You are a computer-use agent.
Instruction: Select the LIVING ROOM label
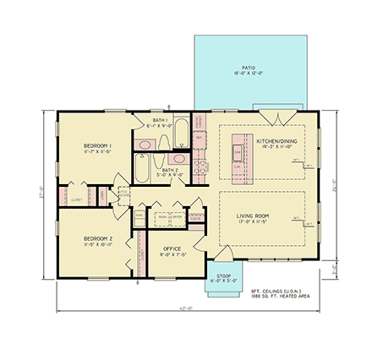(253, 215)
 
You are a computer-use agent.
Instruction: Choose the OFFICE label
(171, 249)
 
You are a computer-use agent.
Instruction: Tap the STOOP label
(223, 276)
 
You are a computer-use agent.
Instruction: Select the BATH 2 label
(171, 170)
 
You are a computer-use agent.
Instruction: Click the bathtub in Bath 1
(181, 134)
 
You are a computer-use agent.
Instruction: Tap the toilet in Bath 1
(145, 142)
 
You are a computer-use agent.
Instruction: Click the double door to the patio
(272, 117)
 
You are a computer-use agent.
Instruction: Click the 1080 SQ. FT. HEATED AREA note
(281, 297)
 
